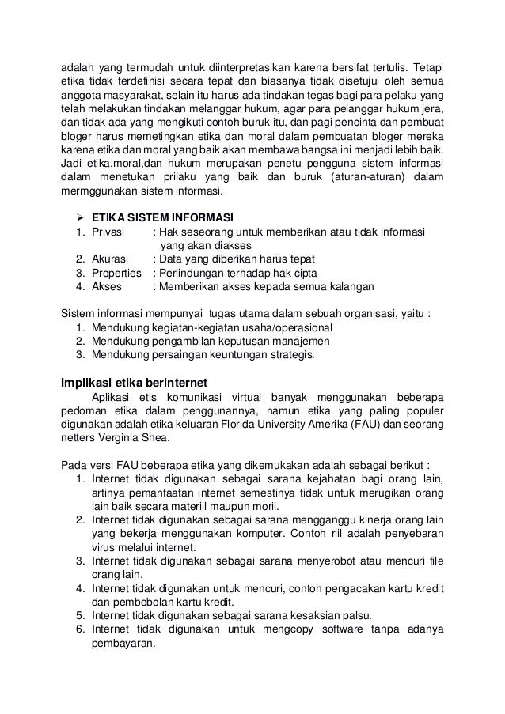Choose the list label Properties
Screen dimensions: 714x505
[117, 273]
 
